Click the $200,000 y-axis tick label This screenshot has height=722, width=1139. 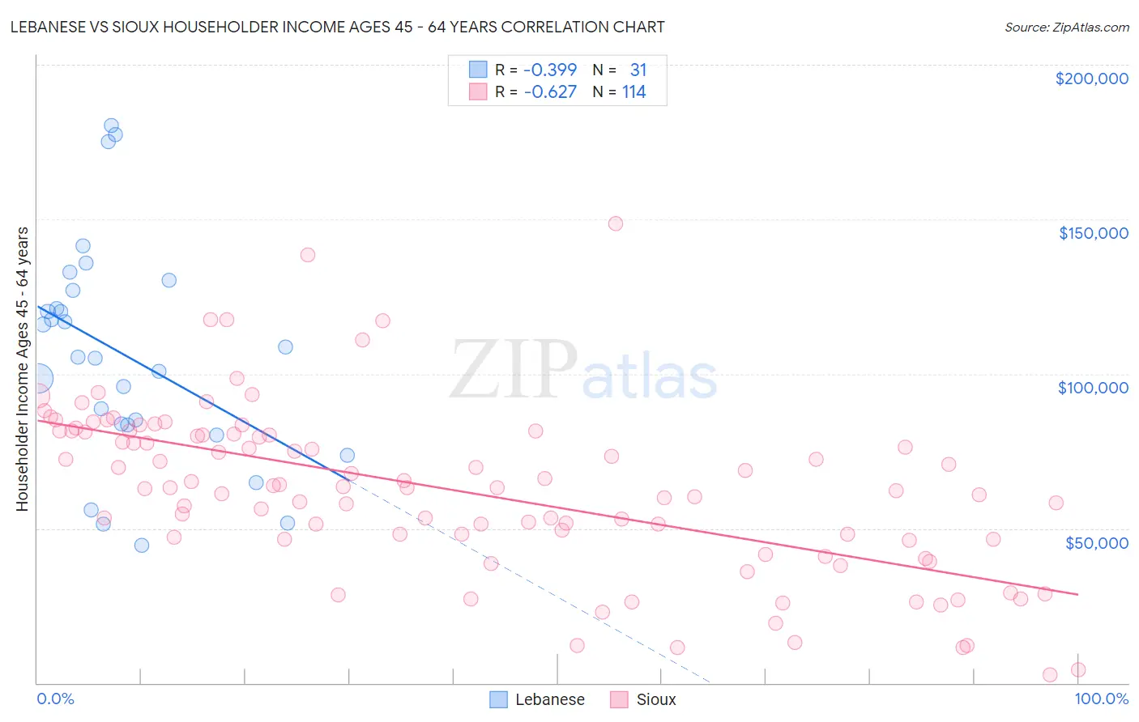1091,79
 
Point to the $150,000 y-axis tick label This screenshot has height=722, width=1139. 1093,233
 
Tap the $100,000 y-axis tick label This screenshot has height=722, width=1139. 1093,388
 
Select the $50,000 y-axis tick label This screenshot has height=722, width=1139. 1096,542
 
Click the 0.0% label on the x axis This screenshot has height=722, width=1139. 55,699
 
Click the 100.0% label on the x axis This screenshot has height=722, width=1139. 1101,699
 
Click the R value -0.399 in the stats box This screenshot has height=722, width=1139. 550,70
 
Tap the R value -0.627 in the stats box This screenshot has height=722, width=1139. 550,92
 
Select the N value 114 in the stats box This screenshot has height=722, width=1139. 633,92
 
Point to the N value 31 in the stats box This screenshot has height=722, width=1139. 638,70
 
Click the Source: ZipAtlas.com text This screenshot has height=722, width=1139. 1066,28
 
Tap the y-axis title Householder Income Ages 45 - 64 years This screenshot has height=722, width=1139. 23,369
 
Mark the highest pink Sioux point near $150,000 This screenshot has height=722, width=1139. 616,223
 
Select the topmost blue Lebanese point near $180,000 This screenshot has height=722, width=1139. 111,125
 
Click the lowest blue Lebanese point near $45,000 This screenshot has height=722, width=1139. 142,546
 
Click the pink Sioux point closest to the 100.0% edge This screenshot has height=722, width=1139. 1077,669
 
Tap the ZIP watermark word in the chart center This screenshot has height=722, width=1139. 513,369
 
